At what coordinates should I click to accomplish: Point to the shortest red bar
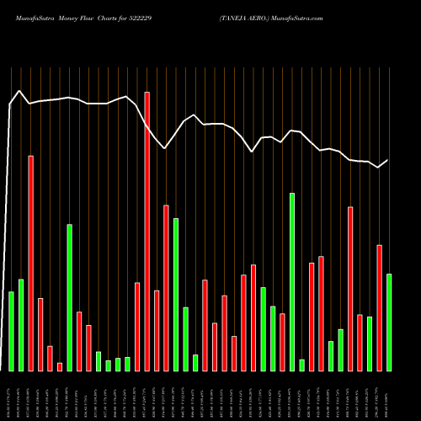point(60,366)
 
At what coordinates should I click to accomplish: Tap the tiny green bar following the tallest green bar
point(301,365)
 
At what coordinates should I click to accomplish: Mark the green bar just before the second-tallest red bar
point(21,325)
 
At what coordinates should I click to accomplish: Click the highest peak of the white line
point(19,90)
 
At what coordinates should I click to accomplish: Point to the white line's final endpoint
point(388,160)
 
